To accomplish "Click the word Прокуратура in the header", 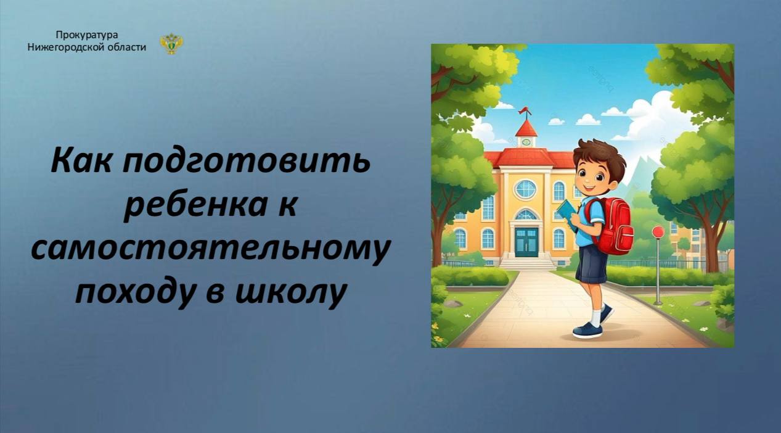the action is tap(87, 36).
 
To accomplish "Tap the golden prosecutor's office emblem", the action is tap(171, 44).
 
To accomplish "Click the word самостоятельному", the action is tap(210, 249).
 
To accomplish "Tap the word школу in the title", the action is tap(291, 293).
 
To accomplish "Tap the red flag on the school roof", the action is tap(525, 111).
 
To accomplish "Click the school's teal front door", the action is tap(526, 242).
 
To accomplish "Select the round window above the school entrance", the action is tap(526, 189).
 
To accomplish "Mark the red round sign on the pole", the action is tap(658, 232).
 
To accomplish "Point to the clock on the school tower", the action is tap(526, 142).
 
